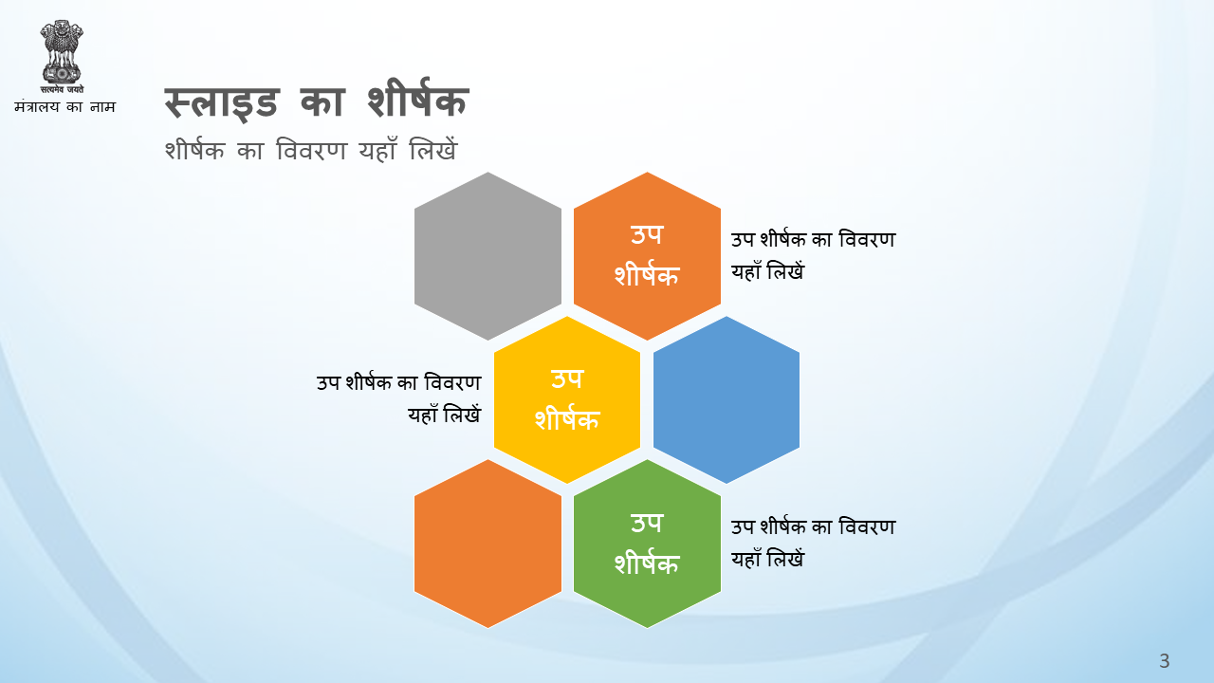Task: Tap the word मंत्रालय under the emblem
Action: [x=37, y=106]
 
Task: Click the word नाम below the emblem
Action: [x=102, y=107]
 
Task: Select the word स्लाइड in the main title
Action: [x=222, y=102]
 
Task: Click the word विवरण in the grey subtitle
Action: [x=311, y=150]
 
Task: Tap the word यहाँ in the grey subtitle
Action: [x=377, y=150]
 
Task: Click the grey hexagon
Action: [x=487, y=256]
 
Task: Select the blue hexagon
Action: [x=727, y=399]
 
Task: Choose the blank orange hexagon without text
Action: [x=487, y=544]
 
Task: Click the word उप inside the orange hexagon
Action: [x=647, y=234]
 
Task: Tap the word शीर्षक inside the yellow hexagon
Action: [x=567, y=418]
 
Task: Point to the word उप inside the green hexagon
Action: [x=647, y=523]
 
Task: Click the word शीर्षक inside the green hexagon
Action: [x=647, y=562]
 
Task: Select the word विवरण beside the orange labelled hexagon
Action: [x=867, y=240]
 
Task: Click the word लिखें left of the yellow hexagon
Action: [x=462, y=415]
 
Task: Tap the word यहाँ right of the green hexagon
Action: [x=746, y=559]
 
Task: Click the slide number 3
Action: [x=1164, y=661]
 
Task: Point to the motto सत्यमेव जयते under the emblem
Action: [x=62, y=89]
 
